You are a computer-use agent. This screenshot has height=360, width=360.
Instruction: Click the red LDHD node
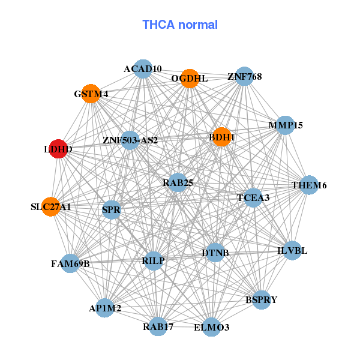58,149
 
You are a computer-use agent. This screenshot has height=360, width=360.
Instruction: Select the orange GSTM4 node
91,94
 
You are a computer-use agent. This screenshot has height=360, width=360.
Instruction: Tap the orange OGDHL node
190,79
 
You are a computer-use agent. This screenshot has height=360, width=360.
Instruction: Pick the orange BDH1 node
221,137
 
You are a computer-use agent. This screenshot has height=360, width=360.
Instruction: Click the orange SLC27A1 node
51,206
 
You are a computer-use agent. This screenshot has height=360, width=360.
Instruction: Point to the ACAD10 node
143,69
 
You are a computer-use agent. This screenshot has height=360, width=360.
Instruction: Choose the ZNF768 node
245,76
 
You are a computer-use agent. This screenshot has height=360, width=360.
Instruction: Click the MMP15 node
286,125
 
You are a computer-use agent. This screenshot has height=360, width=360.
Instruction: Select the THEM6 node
309,185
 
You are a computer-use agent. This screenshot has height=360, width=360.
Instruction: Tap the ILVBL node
292,251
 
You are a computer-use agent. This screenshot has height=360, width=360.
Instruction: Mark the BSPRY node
262,300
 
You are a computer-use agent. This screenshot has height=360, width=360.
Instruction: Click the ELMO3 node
211,327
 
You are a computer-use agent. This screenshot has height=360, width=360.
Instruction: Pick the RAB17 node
158,326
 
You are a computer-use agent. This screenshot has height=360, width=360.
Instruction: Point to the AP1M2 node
104,308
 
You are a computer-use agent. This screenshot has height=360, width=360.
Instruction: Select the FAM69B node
70,263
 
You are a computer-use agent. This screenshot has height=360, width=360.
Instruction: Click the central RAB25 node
178,183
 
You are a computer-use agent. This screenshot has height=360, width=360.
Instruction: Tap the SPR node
112,210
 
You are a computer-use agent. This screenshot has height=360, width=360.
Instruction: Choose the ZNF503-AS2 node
130,140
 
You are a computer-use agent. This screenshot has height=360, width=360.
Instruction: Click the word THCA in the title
158,25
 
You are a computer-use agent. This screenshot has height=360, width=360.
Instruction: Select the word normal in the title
198,25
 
